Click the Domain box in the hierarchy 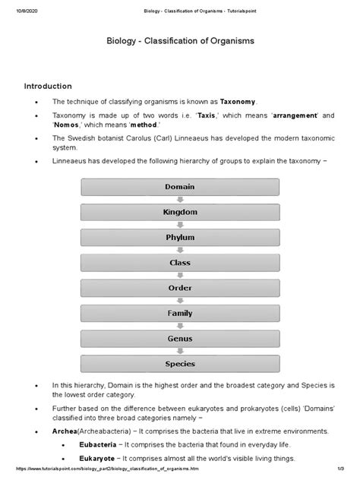[179, 186]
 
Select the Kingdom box [179, 212]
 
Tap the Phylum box [179, 238]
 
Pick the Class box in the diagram [179, 263]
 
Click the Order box [179, 289]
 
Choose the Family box [179, 314]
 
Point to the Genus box [179, 339]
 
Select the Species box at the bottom [179, 365]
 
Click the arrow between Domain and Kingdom [179, 199]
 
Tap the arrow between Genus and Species [179, 352]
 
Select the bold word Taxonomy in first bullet [238, 102]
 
